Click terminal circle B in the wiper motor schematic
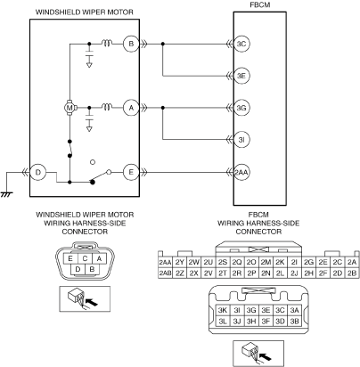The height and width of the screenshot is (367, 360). (x=131, y=44)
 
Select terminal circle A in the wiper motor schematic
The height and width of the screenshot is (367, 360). (x=131, y=108)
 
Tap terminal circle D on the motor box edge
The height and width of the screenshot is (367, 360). (x=37, y=172)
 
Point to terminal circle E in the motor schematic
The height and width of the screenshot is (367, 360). (x=131, y=172)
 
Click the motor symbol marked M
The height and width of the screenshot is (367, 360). (x=70, y=108)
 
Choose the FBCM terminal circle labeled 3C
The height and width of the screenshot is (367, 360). (x=241, y=44)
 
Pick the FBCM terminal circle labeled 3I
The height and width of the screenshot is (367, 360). (x=241, y=140)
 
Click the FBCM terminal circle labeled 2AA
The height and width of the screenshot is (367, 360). (x=241, y=172)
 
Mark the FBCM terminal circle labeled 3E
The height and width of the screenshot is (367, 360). (x=241, y=76)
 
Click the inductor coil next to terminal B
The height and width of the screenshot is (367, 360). (x=107, y=44)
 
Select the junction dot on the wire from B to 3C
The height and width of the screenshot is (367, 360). (x=162, y=44)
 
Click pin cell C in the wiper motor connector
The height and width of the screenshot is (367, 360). (x=85, y=258)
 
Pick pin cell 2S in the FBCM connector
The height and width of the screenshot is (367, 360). (x=223, y=262)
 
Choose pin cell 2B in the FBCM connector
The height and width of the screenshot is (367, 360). (x=352, y=273)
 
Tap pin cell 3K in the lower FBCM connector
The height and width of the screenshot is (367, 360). (x=223, y=310)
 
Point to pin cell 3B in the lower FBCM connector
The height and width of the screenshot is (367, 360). (x=294, y=321)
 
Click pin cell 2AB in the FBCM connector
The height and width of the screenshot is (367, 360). (x=165, y=273)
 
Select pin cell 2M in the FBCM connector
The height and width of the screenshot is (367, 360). (x=266, y=262)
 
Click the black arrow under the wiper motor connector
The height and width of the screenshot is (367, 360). (x=93, y=303)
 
